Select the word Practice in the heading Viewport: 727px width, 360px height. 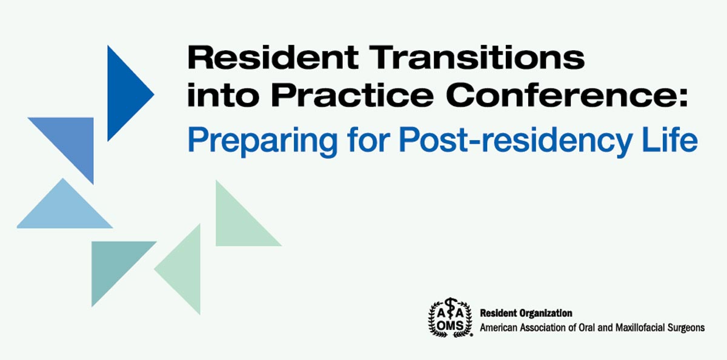(x=353, y=95)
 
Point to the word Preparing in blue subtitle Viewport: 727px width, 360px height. (x=262, y=141)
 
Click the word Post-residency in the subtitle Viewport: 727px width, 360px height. (x=516, y=141)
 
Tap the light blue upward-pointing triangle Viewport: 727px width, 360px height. (x=64, y=212)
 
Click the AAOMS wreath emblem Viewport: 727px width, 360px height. (x=450, y=318)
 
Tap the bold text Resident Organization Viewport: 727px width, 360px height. (x=526, y=313)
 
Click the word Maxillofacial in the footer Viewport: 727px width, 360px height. (x=640, y=328)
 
